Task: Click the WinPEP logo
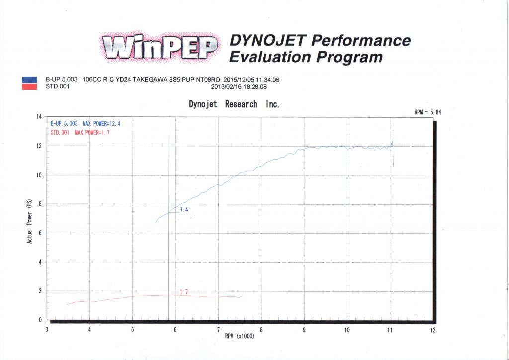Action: click(x=160, y=48)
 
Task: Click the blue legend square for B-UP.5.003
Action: click(x=29, y=79)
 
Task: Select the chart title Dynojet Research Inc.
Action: click(x=234, y=104)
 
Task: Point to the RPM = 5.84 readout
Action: click(x=427, y=113)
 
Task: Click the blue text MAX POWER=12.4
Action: click(x=101, y=123)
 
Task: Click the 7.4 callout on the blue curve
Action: click(x=184, y=210)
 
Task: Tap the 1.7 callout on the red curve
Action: click(x=184, y=292)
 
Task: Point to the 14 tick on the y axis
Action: click(x=38, y=117)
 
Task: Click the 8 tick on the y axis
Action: click(x=40, y=204)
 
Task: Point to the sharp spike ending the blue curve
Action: click(x=392, y=143)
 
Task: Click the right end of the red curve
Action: click(x=242, y=297)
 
